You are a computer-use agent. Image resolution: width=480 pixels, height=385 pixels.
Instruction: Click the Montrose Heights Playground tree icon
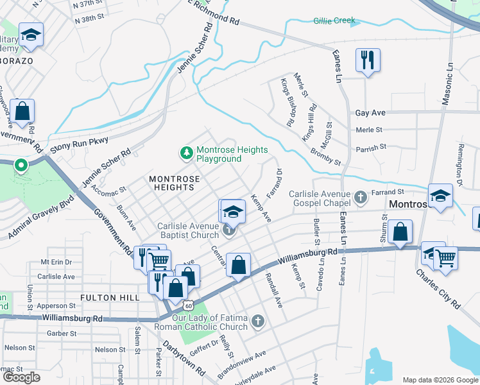(186, 153)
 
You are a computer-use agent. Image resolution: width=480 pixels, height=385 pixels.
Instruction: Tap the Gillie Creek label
(334, 21)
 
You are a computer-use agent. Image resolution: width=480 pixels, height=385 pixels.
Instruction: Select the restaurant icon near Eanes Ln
(368, 60)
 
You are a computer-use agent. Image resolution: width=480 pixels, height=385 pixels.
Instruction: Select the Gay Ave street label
(370, 113)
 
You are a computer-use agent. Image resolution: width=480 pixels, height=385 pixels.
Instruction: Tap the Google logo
(22, 377)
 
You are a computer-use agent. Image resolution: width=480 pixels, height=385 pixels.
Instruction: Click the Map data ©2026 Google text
(440, 380)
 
